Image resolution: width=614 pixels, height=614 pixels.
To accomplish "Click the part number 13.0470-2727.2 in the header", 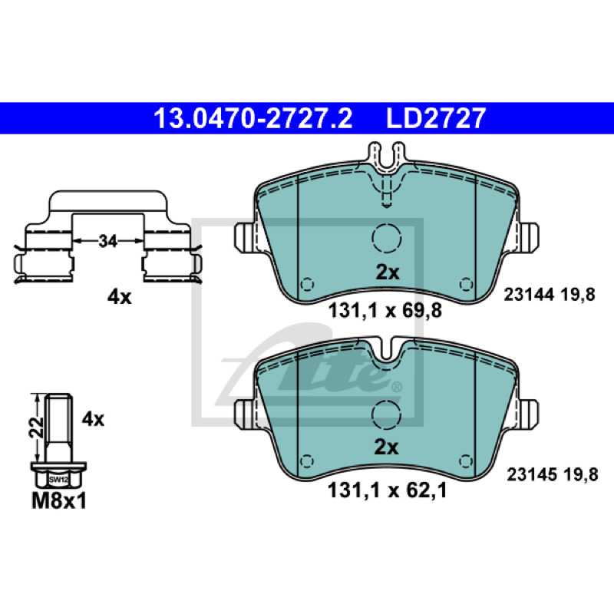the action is pos(253,118).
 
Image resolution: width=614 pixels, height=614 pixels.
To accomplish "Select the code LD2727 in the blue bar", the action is pos(436,118).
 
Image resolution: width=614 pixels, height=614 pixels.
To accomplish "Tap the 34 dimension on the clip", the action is pos(107,241).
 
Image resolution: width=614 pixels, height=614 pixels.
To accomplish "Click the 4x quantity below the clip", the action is pos(120,298).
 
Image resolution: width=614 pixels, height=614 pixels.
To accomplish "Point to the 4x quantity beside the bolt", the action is pos(93,419).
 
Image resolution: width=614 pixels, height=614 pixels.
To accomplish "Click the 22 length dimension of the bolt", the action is pos(36,427).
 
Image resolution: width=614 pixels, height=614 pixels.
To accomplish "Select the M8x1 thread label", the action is pos(59,501).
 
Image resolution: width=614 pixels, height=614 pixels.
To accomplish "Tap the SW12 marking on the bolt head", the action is pos(59,479).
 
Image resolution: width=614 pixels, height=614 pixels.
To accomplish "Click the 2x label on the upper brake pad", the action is pos(388,272).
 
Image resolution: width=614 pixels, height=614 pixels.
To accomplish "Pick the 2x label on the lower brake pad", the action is pos(386,447).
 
